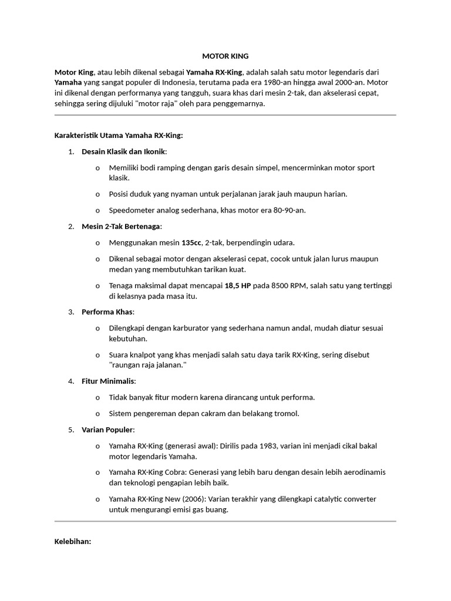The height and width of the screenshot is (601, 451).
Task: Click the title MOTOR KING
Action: click(225, 56)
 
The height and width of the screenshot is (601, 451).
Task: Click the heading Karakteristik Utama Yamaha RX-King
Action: click(119, 136)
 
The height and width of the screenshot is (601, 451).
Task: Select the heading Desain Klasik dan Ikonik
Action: click(124, 152)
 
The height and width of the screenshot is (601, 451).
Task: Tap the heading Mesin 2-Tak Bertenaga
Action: click(121, 227)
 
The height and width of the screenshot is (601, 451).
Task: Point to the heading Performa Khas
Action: click(107, 312)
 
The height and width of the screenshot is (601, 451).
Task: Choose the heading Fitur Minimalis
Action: click(109, 381)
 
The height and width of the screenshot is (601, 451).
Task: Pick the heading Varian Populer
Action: click(107, 430)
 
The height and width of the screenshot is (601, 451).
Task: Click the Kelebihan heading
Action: click(72, 542)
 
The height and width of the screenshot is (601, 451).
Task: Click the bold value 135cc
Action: click(191, 242)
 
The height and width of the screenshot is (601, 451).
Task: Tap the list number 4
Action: click(70, 381)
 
